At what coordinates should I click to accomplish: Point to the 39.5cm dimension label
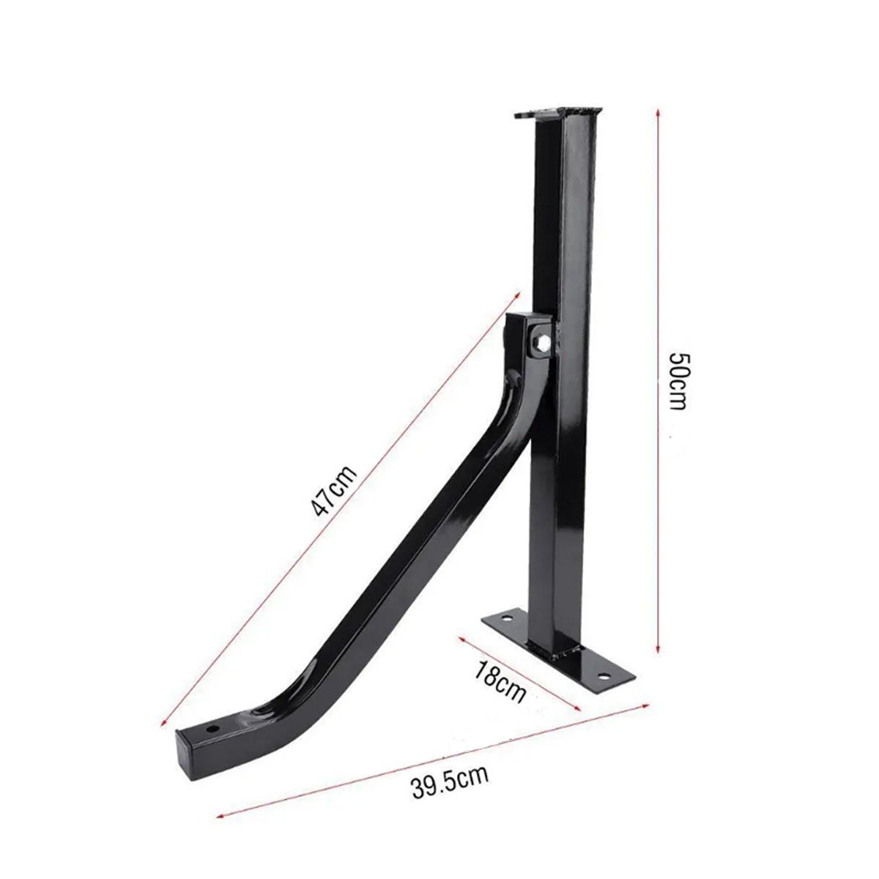pos(450,786)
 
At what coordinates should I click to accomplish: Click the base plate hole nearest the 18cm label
pos(505,619)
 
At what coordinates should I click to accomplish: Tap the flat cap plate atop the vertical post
pos(560,114)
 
